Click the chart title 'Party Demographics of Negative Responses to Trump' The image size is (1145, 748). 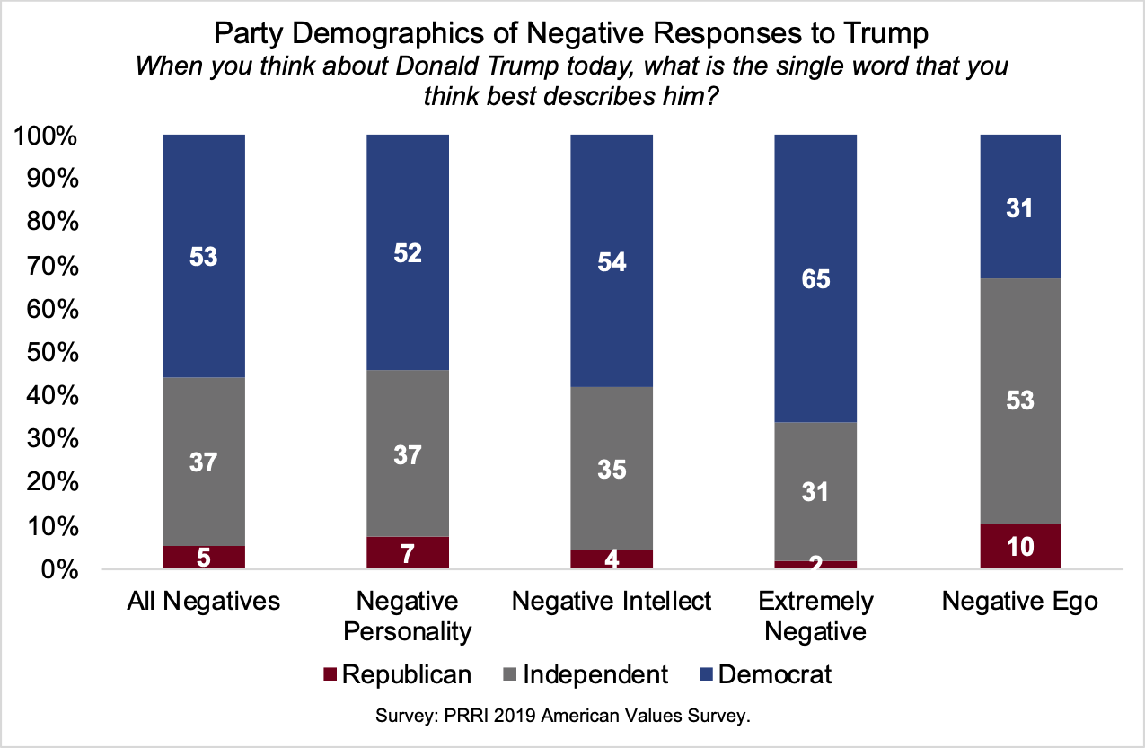(571, 36)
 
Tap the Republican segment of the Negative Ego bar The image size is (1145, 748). (1020, 546)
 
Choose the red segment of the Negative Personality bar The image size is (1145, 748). (408, 553)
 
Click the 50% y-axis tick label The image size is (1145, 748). (56, 353)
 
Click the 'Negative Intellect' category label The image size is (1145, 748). (612, 601)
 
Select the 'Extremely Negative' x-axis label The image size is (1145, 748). (815, 616)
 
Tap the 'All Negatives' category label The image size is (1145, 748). (204, 601)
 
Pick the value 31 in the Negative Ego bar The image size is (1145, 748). (1020, 208)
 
